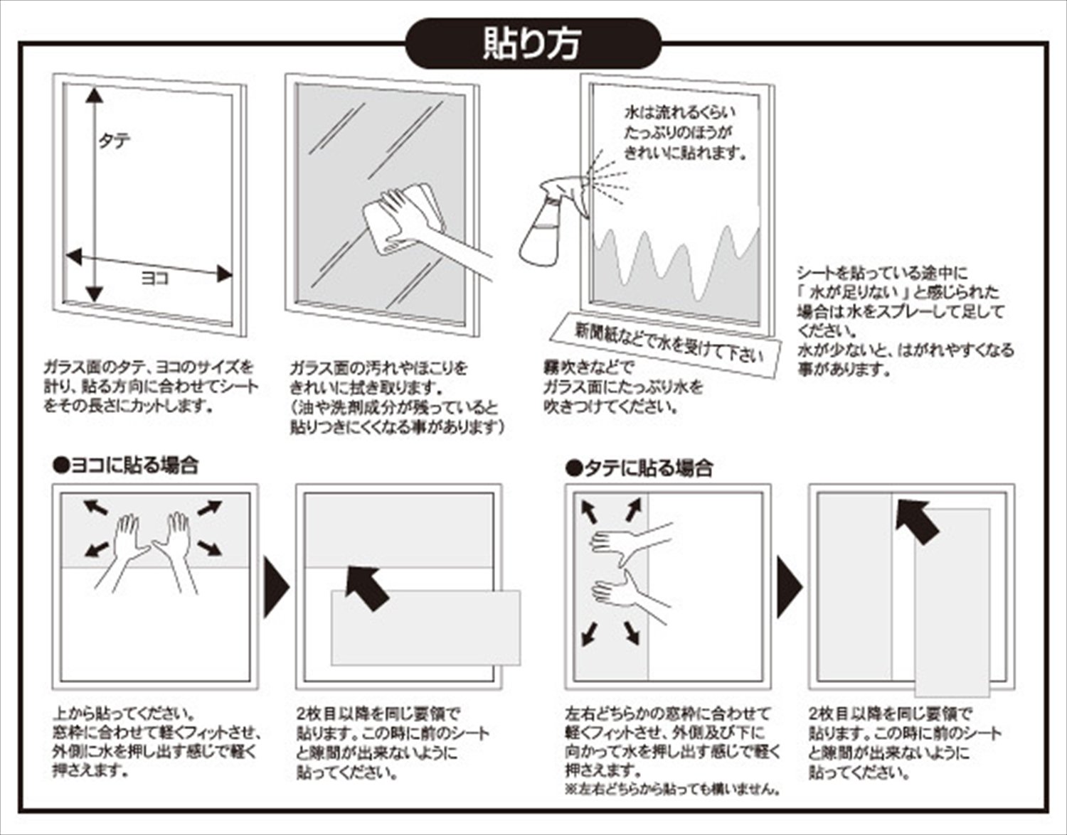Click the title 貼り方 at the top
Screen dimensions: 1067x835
click(x=532, y=44)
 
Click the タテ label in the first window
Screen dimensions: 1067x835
click(x=115, y=141)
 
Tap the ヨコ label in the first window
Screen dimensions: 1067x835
click(x=155, y=279)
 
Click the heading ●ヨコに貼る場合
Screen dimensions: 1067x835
click(x=126, y=465)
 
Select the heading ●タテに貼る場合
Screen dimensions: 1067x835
click(x=639, y=468)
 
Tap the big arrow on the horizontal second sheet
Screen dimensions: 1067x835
click(x=366, y=588)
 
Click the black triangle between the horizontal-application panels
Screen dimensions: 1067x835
click(x=277, y=587)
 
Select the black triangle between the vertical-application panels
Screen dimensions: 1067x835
click(x=790, y=587)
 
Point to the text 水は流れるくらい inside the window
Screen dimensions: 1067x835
click(x=680, y=113)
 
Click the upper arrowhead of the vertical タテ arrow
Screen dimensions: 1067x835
click(x=94, y=95)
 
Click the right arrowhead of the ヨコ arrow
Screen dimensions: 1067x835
click(x=224, y=274)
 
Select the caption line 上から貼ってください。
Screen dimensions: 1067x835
click(x=125, y=713)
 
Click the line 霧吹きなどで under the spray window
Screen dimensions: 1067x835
click(x=588, y=367)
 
